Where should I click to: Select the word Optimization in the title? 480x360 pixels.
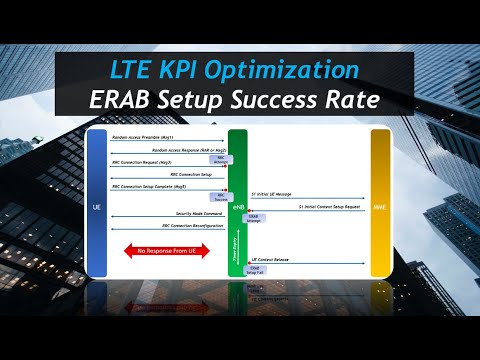(297, 71)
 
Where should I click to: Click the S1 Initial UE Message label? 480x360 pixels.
(276, 194)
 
